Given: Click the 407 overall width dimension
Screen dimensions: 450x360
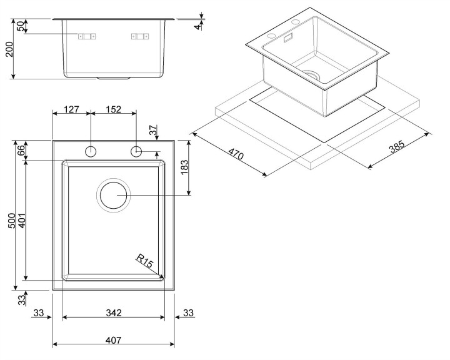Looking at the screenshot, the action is [x=113, y=341].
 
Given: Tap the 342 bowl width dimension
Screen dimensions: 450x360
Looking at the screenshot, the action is [x=114, y=312].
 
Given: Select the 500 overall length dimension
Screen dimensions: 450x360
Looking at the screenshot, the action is [x=12, y=221].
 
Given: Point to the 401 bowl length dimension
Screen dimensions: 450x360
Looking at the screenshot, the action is [x=22, y=221].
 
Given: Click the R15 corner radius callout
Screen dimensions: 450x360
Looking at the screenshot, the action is [x=145, y=261].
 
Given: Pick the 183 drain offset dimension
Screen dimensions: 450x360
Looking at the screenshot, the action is [x=184, y=167].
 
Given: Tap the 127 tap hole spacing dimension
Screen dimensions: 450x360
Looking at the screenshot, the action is [x=71, y=109].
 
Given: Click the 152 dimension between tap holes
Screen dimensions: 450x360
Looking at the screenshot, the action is [x=113, y=109].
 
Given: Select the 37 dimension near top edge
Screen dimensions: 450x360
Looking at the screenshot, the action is [x=154, y=130].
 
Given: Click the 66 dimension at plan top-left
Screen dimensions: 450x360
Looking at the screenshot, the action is [x=21, y=151].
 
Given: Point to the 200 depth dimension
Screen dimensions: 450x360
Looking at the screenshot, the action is [x=9, y=49].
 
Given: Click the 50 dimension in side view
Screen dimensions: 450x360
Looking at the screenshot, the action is [x=21, y=26].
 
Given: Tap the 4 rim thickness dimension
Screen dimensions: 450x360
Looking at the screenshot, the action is [x=197, y=27].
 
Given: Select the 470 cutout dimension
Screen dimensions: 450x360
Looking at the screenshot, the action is [x=236, y=154].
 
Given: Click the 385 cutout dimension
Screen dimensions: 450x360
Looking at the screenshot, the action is [x=397, y=146].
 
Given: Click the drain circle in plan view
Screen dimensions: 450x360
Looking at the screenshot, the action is [x=113, y=195].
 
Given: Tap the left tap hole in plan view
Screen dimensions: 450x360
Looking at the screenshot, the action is [x=91, y=151].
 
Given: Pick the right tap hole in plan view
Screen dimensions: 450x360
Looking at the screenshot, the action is [x=136, y=151].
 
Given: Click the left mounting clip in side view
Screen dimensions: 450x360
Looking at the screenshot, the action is [x=87, y=36].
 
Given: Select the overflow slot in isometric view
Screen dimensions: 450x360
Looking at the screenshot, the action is [x=288, y=38].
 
